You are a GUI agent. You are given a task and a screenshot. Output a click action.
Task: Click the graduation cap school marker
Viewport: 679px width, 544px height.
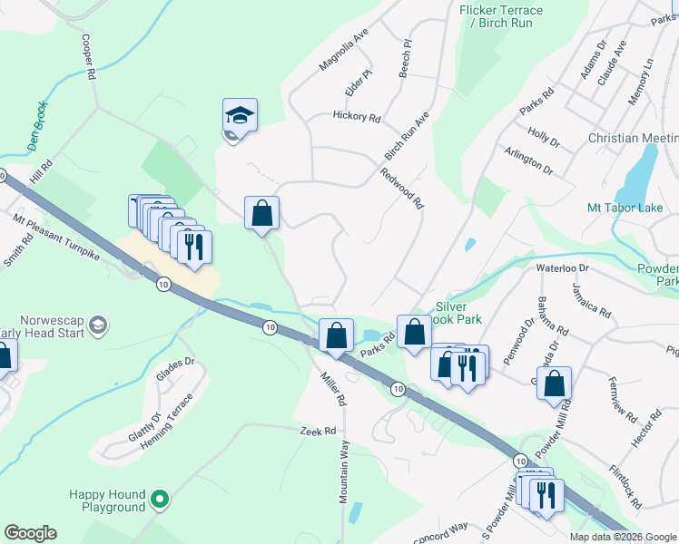[x=240, y=115]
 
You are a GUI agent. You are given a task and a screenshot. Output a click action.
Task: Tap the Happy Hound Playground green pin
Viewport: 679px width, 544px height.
[x=161, y=498]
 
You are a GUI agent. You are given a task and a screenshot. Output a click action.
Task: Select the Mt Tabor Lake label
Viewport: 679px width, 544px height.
[x=625, y=208]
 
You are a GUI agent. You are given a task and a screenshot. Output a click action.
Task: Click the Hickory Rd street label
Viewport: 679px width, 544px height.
[x=356, y=116]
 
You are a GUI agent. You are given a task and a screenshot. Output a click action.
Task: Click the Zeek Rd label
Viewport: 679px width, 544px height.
[x=319, y=432]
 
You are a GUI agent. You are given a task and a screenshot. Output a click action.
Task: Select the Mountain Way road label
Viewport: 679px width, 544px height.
[x=345, y=472]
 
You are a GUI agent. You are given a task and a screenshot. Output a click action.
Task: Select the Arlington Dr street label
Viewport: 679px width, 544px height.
[x=527, y=162]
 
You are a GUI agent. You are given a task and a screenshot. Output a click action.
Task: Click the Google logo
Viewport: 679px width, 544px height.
[x=30, y=532]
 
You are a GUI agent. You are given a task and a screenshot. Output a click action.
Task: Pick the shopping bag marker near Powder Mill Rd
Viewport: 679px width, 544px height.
[x=554, y=383]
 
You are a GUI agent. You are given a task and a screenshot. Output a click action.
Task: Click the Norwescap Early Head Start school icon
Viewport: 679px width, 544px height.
[x=98, y=325]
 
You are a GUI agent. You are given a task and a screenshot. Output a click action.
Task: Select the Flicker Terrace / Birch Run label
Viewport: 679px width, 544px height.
[x=501, y=16]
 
